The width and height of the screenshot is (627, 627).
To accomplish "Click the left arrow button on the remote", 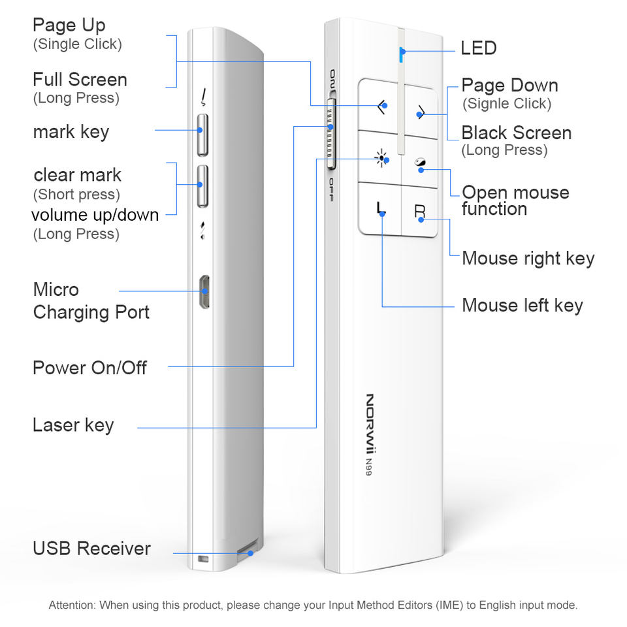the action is coord(380,104).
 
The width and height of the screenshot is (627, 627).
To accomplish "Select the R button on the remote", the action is coord(420,211).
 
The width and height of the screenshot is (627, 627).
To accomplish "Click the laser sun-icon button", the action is coord(381,159).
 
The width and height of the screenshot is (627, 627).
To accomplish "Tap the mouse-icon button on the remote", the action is coord(420,163).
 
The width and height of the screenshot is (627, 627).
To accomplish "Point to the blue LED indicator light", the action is coord(401,54).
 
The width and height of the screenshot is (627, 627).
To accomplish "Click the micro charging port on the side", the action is coord(204,291).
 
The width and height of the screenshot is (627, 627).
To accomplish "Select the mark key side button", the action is coord(202,135).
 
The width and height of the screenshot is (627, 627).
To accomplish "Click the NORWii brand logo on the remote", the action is coord(370,425).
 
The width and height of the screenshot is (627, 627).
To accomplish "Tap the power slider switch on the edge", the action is coord(331,134).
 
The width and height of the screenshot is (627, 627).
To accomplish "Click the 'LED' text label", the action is coord(478,48).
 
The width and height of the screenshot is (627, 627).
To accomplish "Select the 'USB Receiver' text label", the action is coord(91,548).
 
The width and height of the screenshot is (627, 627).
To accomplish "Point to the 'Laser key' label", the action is coord(73,425).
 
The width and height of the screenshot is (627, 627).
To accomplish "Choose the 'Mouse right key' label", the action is coord(528,259).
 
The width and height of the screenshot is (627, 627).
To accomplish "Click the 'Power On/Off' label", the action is coord(90,368).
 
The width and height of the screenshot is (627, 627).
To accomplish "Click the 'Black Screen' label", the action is coord(517,133).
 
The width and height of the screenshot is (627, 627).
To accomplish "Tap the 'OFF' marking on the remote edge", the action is coord(332,189).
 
